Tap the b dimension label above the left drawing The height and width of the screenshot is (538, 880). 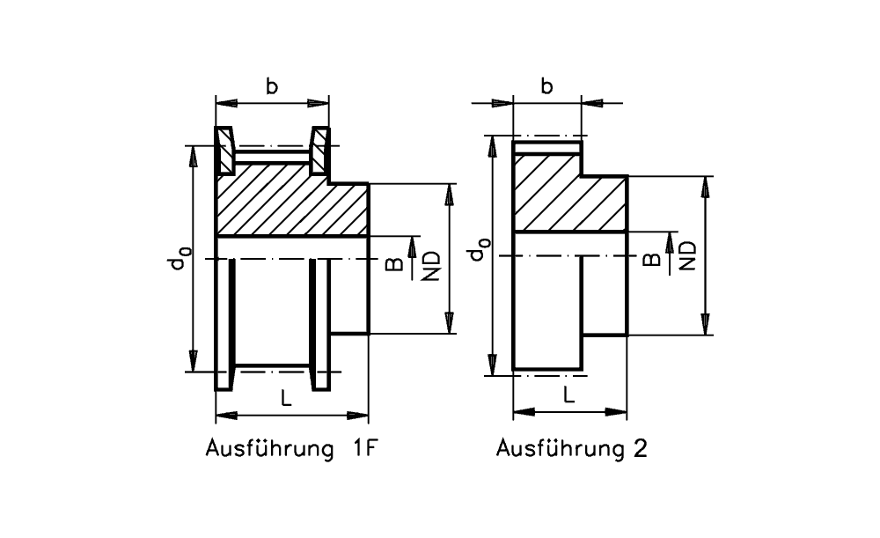click(273, 86)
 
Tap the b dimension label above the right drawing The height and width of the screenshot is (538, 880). click(546, 86)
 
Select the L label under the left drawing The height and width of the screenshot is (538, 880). click(286, 398)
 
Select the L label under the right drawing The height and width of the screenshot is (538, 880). click(569, 395)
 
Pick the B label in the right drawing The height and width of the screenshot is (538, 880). click(652, 259)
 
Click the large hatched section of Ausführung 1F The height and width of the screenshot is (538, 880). click(290, 208)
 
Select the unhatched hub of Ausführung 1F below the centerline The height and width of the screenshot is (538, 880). click(350, 295)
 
